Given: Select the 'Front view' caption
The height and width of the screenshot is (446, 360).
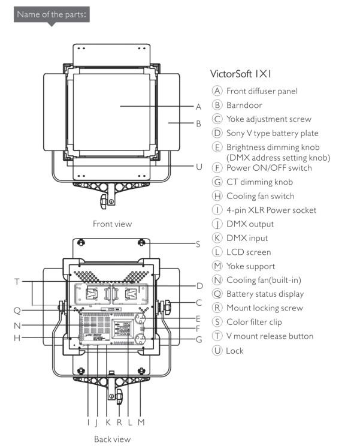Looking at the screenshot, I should (x=112, y=224).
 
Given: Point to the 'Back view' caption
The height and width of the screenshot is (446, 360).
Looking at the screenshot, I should (x=112, y=439).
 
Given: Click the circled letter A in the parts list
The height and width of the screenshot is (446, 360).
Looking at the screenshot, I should (x=217, y=91).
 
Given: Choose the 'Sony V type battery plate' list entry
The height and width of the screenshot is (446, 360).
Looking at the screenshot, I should (x=272, y=133).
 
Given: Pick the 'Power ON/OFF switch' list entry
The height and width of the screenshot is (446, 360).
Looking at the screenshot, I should (x=269, y=168).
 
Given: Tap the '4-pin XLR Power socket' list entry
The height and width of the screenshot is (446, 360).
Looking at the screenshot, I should (x=271, y=210).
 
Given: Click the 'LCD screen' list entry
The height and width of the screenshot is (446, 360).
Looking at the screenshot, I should (x=248, y=252).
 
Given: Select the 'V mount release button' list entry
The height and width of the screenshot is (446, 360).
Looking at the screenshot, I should (x=270, y=336).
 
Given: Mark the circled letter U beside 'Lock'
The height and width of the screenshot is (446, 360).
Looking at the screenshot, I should (x=217, y=350).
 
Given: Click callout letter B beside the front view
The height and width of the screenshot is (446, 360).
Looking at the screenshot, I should (x=198, y=123).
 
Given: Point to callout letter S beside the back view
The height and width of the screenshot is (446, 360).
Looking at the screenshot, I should (x=198, y=244).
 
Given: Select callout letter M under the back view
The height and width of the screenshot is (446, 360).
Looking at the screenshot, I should (x=141, y=422).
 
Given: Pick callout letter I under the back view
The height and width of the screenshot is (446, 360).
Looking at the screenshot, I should (x=88, y=422).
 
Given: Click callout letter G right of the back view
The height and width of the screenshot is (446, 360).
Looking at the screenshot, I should (x=199, y=339).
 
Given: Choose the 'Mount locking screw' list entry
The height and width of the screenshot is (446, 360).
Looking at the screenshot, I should (x=264, y=308).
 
